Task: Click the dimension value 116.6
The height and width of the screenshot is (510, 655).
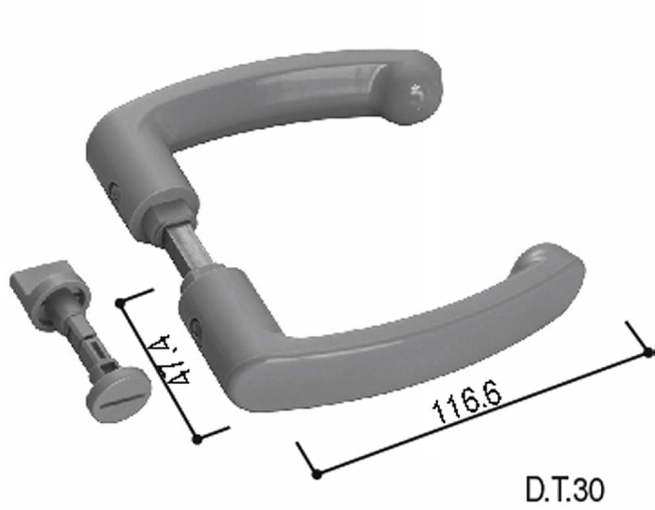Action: pyautogui.click(x=467, y=401)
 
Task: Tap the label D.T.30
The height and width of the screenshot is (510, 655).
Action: pyautogui.click(x=564, y=489)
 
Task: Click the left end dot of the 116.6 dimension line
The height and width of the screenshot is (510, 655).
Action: pyautogui.click(x=317, y=475)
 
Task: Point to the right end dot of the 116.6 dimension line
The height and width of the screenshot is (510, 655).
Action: pyautogui.click(x=648, y=353)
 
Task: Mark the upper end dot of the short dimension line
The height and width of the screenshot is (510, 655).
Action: pyautogui.click(x=121, y=303)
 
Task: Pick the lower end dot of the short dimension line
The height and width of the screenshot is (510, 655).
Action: pyautogui.click(x=197, y=439)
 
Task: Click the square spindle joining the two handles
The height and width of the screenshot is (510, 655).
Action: pyautogui.click(x=189, y=248)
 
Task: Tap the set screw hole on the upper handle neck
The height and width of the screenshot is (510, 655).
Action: pyautogui.click(x=114, y=191)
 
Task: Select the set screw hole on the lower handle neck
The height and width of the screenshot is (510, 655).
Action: pyautogui.click(x=195, y=326)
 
